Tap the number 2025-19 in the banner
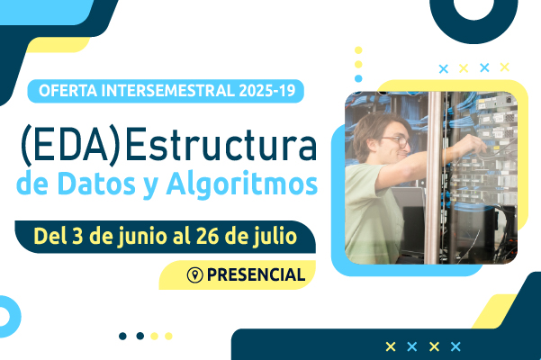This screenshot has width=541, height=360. (x=267, y=91)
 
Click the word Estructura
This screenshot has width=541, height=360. (x=221, y=145)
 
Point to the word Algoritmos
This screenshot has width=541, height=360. (x=242, y=184)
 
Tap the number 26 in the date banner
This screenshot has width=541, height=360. (x=207, y=236)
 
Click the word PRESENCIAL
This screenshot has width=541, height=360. (x=256, y=274)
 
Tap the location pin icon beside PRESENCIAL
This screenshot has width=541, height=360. (x=195, y=274)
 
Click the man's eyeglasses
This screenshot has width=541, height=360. (x=398, y=141)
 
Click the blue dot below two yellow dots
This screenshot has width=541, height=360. (x=358, y=78)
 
